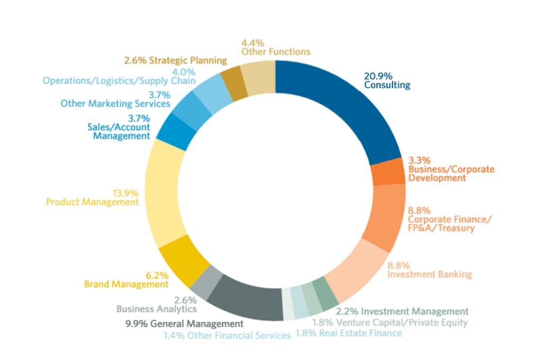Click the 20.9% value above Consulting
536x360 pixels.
(x=378, y=76)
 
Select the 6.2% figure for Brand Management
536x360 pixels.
(x=157, y=275)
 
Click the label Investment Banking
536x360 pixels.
(x=430, y=274)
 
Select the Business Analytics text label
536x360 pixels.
(x=157, y=309)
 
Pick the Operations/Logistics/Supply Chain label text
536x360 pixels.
(x=119, y=81)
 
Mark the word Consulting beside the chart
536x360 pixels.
(x=387, y=85)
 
